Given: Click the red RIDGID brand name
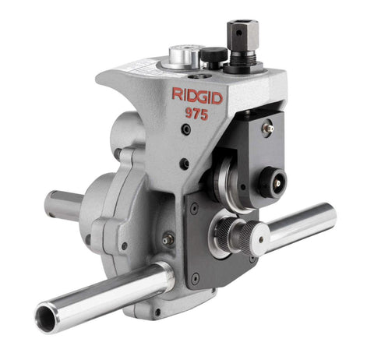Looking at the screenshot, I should coord(196,96).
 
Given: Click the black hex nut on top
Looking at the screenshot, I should coord(236,34).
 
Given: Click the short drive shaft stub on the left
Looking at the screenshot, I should coord(62,204).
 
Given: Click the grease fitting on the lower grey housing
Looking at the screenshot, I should coord(167,242).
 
